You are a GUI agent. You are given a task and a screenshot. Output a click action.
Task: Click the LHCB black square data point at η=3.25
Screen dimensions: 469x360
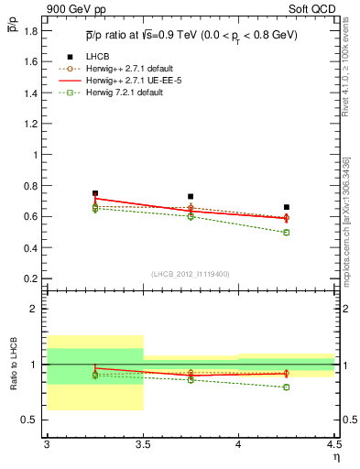tap(95, 193)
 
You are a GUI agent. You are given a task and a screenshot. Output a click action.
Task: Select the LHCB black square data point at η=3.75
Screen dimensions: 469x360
tap(191, 196)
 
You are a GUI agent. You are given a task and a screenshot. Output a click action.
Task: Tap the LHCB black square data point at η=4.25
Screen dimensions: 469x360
tap(287, 207)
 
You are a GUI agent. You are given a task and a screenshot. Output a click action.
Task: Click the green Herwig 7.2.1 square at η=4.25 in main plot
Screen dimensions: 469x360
tap(287, 233)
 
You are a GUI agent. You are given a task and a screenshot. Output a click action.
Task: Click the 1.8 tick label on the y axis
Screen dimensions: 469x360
tap(31, 31)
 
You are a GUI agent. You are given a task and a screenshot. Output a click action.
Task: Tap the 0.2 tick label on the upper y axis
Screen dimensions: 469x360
tap(31, 278)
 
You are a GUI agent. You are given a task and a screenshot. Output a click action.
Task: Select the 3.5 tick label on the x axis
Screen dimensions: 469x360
tap(142, 444)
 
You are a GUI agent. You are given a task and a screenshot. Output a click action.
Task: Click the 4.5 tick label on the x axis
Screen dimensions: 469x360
tap(333, 444)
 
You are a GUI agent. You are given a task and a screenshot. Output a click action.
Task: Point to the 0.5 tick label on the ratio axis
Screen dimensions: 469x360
tap(31, 420)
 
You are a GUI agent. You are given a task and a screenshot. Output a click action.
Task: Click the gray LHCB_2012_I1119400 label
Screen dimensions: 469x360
tap(191, 273)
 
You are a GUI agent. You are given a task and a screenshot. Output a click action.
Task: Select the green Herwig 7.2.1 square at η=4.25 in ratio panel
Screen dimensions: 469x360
tap(287, 387)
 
